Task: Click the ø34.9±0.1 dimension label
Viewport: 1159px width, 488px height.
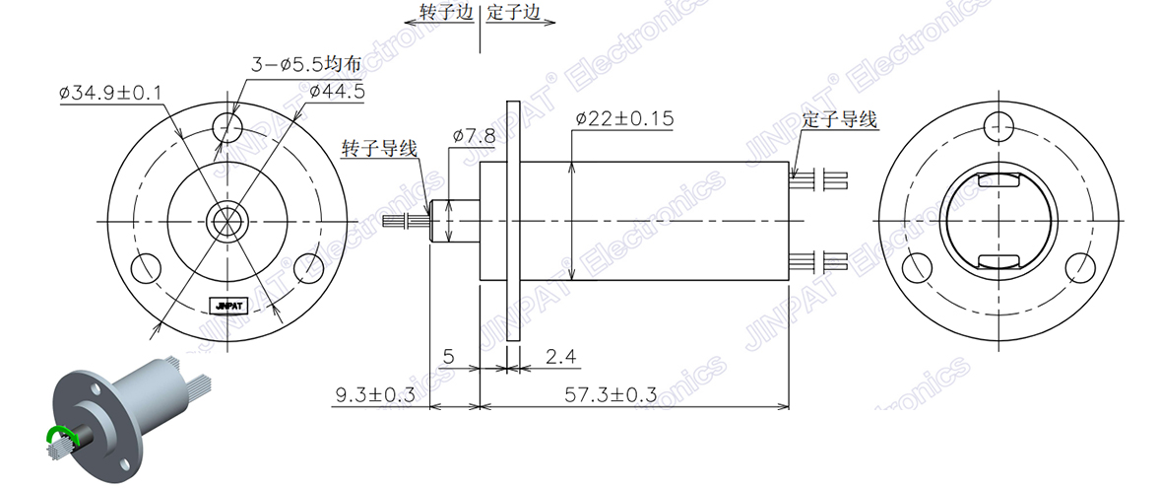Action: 110,93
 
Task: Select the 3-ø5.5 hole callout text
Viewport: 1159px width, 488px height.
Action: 306,65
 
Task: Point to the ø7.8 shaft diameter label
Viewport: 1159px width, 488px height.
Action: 474,134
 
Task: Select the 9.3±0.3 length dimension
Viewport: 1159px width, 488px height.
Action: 375,394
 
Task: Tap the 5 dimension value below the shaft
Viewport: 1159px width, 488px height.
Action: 448,356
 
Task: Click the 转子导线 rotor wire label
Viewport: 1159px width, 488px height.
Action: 379,149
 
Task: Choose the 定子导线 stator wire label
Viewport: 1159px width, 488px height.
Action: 839,119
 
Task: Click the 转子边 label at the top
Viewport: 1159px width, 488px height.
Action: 447,12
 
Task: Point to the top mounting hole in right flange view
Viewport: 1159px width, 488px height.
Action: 998,125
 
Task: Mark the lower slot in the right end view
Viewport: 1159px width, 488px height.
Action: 998,261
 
